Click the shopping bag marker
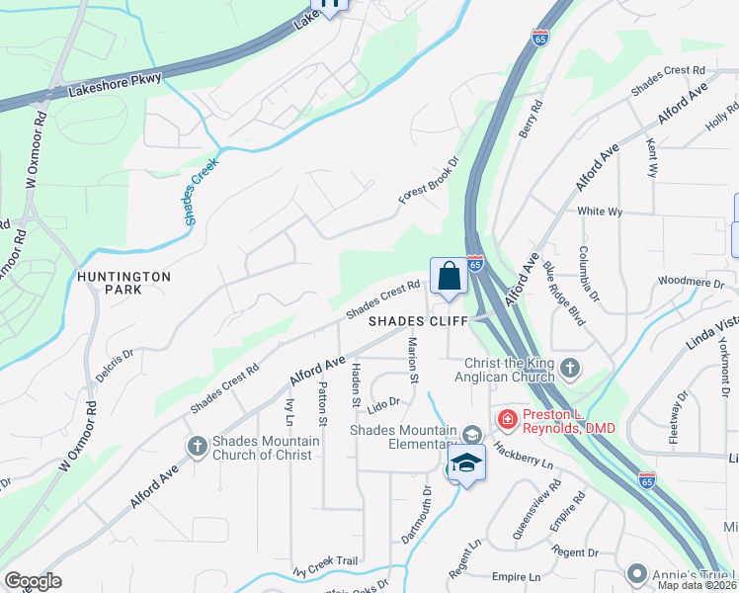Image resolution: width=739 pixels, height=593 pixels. tap(449, 276)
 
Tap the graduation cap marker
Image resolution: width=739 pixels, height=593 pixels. tap(466, 463)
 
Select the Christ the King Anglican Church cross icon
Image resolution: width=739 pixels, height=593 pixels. tap(569, 369)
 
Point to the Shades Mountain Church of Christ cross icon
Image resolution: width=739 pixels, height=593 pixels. tap(197, 447)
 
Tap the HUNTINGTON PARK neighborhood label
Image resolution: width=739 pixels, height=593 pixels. tap(125, 283)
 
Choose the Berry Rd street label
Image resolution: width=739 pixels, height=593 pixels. tap(531, 119)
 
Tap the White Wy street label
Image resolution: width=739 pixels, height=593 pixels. tap(600, 212)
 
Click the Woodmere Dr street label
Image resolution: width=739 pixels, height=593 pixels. tap(691, 282)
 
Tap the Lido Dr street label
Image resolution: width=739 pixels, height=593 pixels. tap(381, 403)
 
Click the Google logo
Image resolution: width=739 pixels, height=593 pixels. tap(33, 581)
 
